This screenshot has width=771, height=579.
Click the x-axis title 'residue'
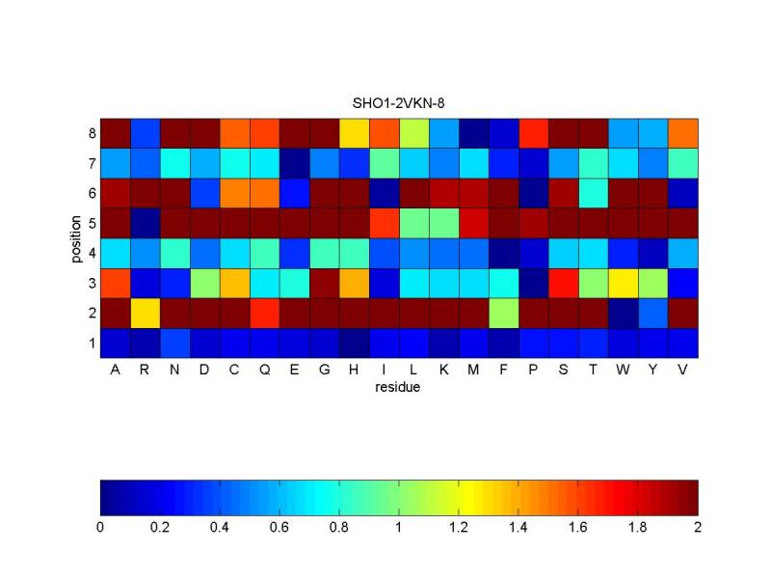coord(399,389)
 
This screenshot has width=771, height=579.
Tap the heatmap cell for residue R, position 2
coord(146,313)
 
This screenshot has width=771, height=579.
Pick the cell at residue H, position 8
coord(355,133)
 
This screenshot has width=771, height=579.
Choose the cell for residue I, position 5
coord(385,223)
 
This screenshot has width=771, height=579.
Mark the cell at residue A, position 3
coord(116,283)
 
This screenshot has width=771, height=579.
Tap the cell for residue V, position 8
coord(683,133)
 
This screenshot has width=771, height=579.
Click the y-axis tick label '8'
coord(91,133)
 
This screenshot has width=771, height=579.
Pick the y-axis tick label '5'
coord(91,223)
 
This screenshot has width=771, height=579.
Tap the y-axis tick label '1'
coord(91,343)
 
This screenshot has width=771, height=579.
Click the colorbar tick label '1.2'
coord(459,528)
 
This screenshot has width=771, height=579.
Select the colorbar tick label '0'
coord(101,528)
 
